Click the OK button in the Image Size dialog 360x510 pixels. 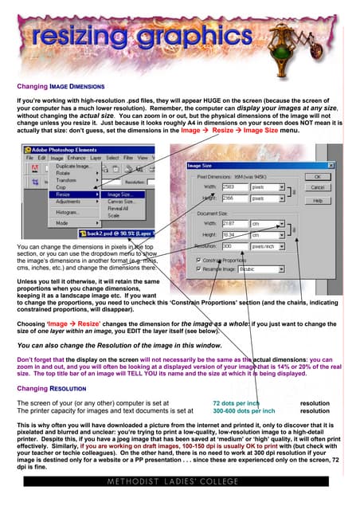pos(317,177)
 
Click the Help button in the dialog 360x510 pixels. pos(317,201)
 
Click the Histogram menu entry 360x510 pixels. pos(67,213)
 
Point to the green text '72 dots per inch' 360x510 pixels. pos(237,404)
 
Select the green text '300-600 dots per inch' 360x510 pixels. pos(244,411)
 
